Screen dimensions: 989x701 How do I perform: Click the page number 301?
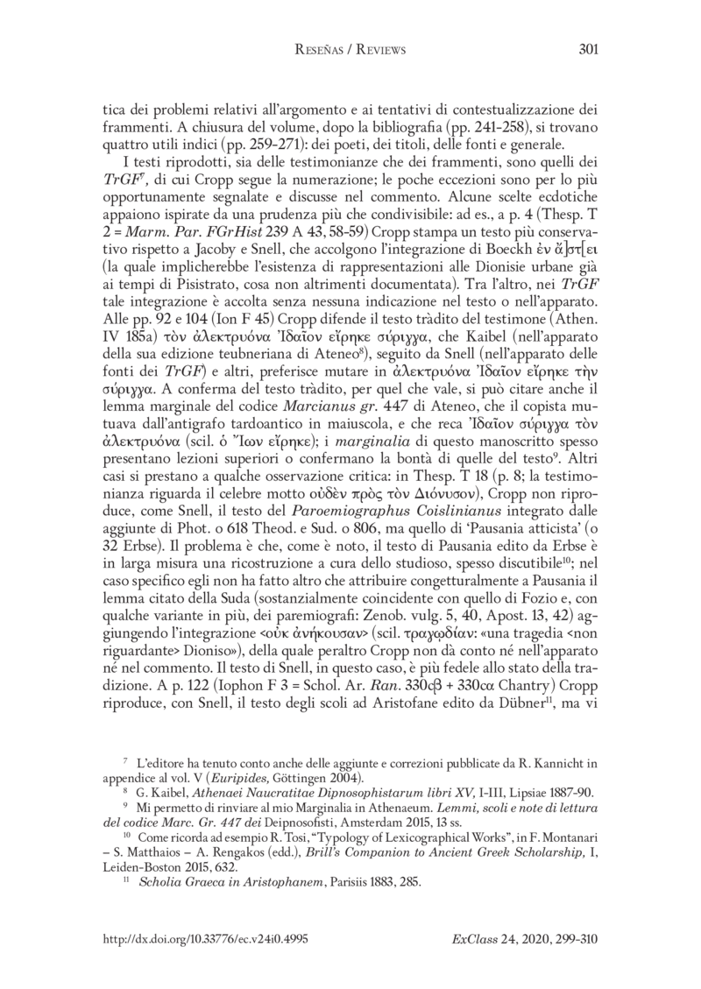pos(586,48)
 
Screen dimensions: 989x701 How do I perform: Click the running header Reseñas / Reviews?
pos(350,48)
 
